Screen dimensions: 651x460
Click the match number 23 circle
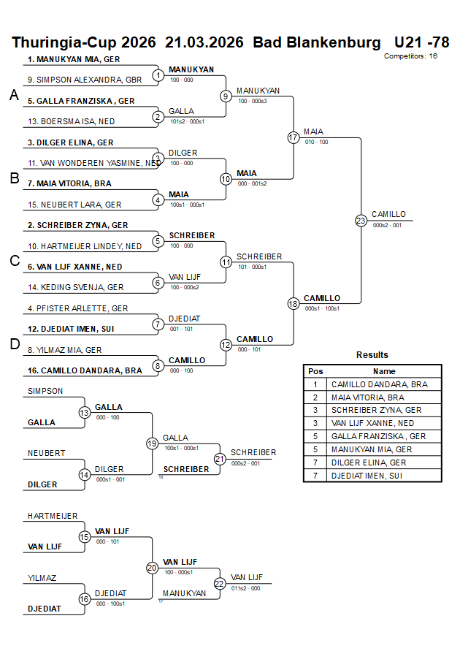click(x=361, y=221)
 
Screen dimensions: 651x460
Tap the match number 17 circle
click(x=294, y=137)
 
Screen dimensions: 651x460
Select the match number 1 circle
click(x=158, y=75)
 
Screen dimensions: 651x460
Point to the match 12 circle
click(x=226, y=345)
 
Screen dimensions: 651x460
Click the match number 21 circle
click(x=220, y=459)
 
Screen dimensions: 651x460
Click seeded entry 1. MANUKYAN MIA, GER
click(x=74, y=59)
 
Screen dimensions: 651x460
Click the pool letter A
click(x=14, y=95)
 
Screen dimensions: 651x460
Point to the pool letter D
click(x=14, y=345)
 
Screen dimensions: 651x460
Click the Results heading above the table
click(x=372, y=355)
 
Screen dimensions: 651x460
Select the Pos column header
click(x=315, y=371)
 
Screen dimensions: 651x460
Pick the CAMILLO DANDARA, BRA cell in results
click(x=380, y=384)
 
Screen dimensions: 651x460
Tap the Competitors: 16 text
click(x=410, y=56)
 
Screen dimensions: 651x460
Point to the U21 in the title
click(x=408, y=42)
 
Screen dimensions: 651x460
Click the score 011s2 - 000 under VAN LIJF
click(x=246, y=587)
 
